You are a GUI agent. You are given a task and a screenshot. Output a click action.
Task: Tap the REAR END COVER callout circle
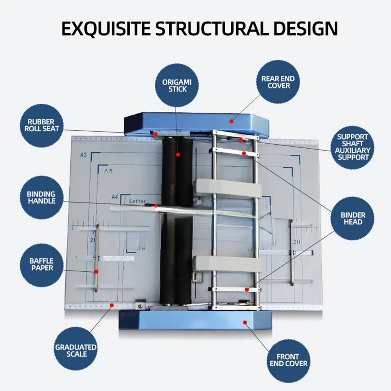tap(278, 82)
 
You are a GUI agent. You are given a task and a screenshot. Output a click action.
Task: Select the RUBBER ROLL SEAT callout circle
tap(41, 125)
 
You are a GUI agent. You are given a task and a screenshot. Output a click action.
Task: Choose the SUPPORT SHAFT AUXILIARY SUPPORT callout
tap(353, 147)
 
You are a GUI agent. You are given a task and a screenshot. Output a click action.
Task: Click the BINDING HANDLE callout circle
tap(41, 197)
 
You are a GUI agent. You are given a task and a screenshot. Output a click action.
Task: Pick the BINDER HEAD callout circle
tap(353, 219)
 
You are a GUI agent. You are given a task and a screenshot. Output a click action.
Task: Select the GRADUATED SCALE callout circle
tap(75, 350)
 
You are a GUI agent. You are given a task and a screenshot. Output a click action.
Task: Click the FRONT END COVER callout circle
tap(288, 360)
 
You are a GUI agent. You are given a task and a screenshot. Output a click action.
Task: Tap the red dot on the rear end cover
tap(231, 121)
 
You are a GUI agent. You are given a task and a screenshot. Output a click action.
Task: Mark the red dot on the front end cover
tap(245, 323)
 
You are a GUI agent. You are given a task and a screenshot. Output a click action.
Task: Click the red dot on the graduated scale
tap(112, 305)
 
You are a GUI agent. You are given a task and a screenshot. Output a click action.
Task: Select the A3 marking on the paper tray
tap(83, 155)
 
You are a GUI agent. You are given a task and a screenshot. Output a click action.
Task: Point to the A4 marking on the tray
tap(115, 196)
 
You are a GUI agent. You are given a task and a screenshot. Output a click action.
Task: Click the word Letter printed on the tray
tap(137, 201)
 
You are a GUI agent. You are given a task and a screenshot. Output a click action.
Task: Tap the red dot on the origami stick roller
tap(178, 154)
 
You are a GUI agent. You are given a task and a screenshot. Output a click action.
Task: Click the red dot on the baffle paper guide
tap(96, 271)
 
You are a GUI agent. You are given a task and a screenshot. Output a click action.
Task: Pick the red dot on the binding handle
tap(156, 205)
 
